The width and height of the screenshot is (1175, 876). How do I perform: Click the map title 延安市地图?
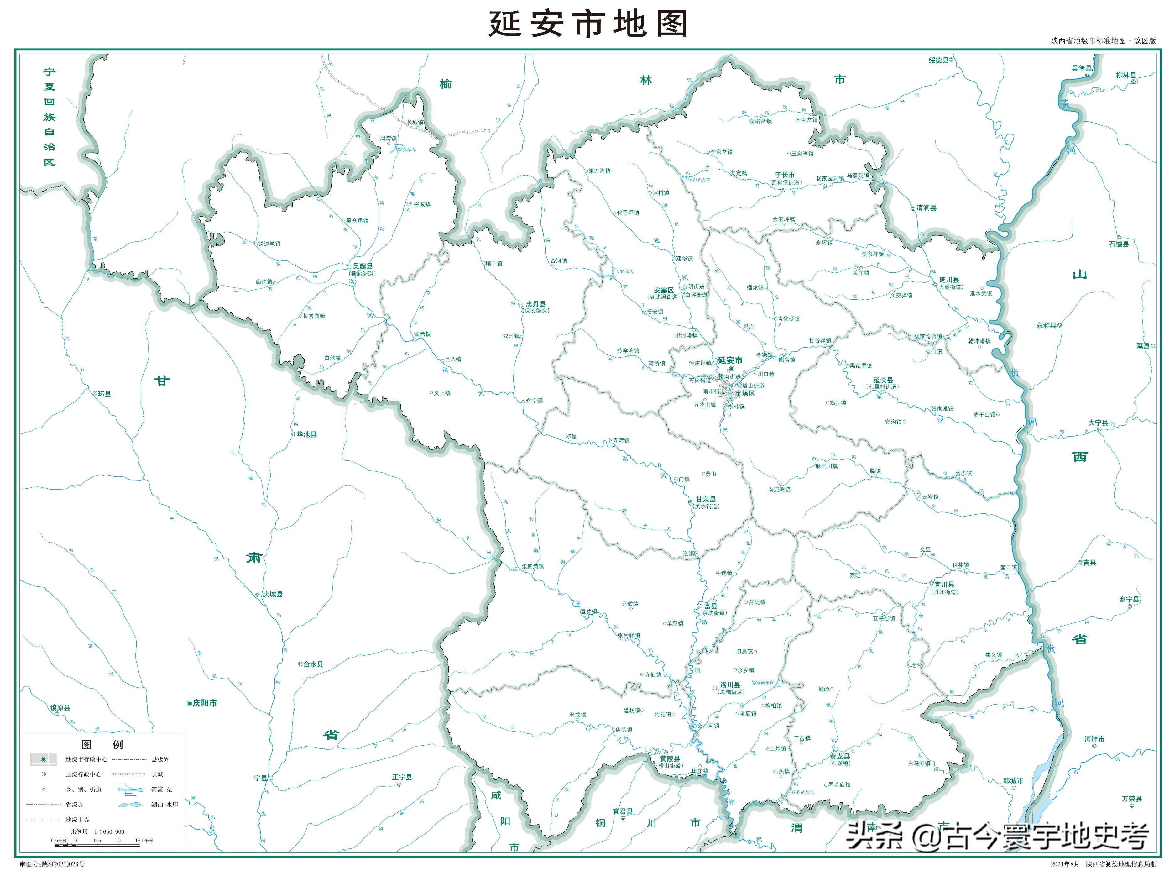click(x=587, y=24)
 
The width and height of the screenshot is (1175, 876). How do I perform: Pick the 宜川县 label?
click(x=944, y=585)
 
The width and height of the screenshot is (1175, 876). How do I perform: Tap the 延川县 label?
click(x=949, y=280)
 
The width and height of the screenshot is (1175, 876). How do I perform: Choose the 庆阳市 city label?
click(x=205, y=703)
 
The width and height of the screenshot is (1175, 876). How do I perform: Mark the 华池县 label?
click(x=306, y=434)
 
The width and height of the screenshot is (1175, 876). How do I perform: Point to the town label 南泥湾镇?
click(x=779, y=490)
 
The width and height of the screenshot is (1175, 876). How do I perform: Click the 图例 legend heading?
click(x=102, y=744)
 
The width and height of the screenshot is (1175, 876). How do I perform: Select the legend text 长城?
click(x=157, y=774)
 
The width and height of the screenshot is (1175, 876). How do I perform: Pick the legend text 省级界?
click(x=74, y=805)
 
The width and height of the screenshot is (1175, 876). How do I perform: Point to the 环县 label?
click(x=104, y=394)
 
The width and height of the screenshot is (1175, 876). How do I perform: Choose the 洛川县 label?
click(x=730, y=685)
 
